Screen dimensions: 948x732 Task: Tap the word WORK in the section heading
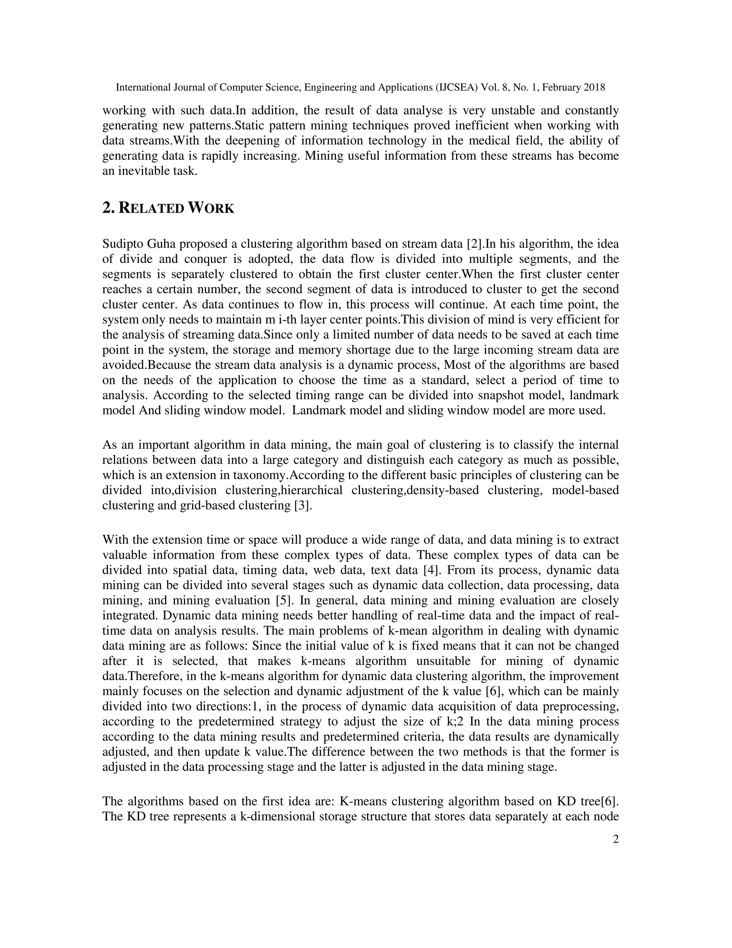pos(211,208)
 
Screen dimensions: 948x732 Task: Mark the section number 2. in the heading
pos(108,208)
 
